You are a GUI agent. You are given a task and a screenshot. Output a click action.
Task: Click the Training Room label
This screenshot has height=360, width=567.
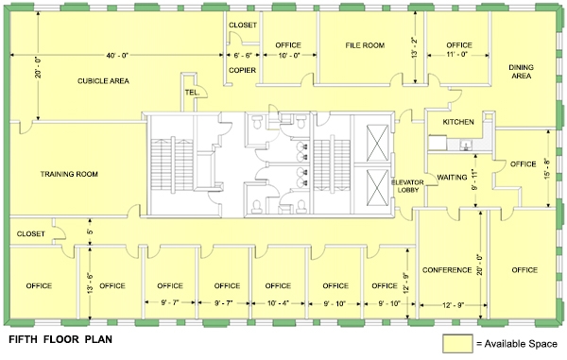[x=69, y=174]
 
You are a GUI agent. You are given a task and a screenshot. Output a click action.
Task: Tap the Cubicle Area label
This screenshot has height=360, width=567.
[x=103, y=81]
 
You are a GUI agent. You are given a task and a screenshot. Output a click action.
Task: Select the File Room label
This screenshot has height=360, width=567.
[x=365, y=45]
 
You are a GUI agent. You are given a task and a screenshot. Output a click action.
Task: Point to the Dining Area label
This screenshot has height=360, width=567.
[x=521, y=72]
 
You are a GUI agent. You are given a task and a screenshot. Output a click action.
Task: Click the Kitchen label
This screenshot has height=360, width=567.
[x=458, y=122]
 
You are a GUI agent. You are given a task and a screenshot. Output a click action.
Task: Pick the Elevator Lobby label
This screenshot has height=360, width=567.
[x=407, y=186]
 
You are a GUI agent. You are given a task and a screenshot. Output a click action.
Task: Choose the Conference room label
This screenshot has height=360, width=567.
[x=447, y=270]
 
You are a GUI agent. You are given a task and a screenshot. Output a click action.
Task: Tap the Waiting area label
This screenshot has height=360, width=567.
[x=452, y=178]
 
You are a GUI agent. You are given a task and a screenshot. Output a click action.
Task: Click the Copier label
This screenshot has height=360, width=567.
[x=242, y=70]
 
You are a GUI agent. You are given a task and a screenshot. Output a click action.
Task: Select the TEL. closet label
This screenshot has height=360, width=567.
[x=192, y=93]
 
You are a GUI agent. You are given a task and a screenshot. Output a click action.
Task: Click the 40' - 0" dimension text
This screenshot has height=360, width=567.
[x=117, y=55]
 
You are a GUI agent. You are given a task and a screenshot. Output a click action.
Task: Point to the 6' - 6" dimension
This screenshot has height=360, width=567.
[x=243, y=56]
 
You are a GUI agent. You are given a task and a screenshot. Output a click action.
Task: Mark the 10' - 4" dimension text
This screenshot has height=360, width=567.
[x=279, y=303]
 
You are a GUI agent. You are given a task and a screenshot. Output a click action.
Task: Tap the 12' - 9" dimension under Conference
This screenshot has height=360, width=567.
[x=452, y=305]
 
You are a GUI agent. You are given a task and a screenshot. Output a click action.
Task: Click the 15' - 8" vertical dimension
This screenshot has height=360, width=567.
[x=548, y=168]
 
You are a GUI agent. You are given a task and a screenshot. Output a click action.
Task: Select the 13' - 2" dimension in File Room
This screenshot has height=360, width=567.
[x=415, y=47]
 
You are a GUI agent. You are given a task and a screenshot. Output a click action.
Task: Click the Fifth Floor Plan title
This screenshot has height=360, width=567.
[x=60, y=339]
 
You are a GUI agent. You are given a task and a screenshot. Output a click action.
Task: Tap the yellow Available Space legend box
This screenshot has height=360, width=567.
[x=457, y=343]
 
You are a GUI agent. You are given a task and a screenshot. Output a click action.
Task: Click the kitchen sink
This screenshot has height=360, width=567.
[x=466, y=146]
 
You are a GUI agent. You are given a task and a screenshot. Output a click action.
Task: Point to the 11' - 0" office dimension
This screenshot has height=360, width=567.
[x=457, y=55]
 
